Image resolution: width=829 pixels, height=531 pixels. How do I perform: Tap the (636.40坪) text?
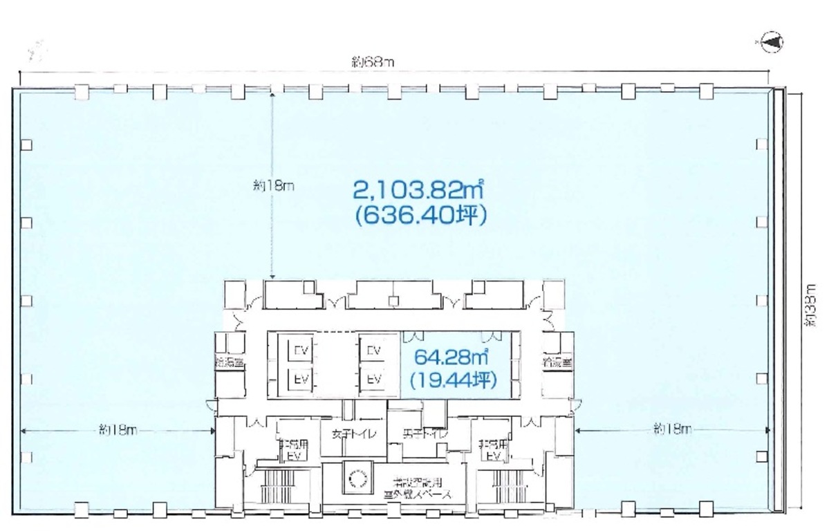(420, 216)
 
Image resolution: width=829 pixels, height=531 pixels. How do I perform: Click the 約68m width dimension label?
(373, 62)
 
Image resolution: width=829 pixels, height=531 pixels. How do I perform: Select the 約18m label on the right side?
(672, 430)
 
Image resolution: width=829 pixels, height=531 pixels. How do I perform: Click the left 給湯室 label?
(230, 362)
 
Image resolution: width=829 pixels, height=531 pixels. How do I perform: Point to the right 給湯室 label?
(557, 362)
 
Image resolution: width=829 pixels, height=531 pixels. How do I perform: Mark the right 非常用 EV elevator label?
(494, 450)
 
